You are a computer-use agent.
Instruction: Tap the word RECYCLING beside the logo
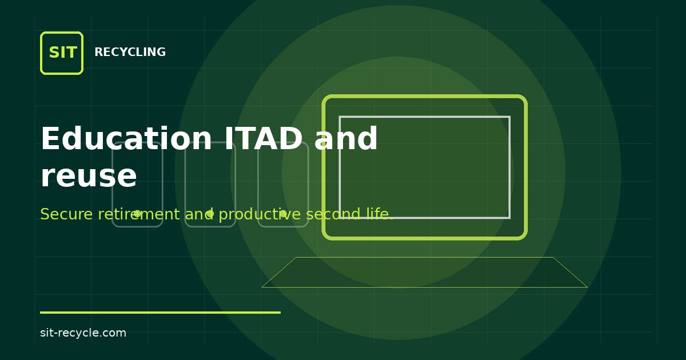[x=130, y=52]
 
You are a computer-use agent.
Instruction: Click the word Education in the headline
[x=126, y=138]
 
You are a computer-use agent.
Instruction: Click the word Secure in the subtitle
[x=66, y=214]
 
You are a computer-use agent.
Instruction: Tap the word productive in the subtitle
[x=260, y=214]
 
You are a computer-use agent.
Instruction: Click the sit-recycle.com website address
[x=83, y=333]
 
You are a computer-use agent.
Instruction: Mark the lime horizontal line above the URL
[x=160, y=313]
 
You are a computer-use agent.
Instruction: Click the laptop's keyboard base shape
[x=424, y=273]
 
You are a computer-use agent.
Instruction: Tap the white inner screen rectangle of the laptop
[x=424, y=117]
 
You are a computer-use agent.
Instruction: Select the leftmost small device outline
[x=113, y=185]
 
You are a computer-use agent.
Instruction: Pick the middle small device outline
[x=185, y=185]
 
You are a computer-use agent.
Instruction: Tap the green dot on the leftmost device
[x=138, y=213]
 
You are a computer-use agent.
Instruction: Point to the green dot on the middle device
[x=210, y=213]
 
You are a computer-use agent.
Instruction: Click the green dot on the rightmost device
[x=284, y=213]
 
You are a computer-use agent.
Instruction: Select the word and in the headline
[x=346, y=138]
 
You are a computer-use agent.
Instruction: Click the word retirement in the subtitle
[x=139, y=214]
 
